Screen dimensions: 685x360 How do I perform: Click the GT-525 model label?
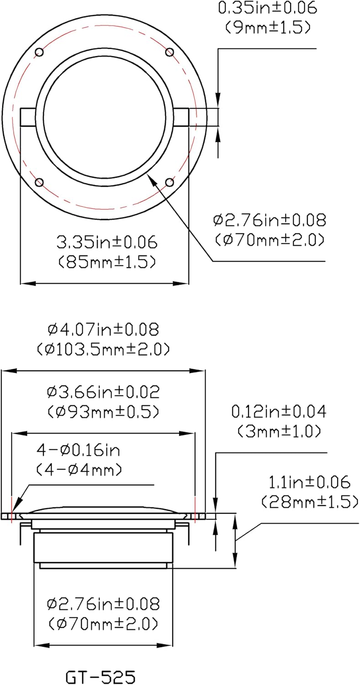click(101, 676)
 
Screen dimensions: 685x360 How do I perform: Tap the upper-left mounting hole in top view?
click(39, 52)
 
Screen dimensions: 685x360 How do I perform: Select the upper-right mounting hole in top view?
click(169, 52)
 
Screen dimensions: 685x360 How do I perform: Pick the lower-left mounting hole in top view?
click(39, 183)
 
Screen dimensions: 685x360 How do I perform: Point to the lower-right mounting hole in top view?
click(169, 183)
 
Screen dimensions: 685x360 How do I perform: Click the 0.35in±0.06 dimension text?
click(268, 8)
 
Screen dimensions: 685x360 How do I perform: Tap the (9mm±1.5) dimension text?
click(268, 27)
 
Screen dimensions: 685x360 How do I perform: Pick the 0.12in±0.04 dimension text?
click(279, 412)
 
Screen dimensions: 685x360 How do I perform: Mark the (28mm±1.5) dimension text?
click(309, 502)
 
